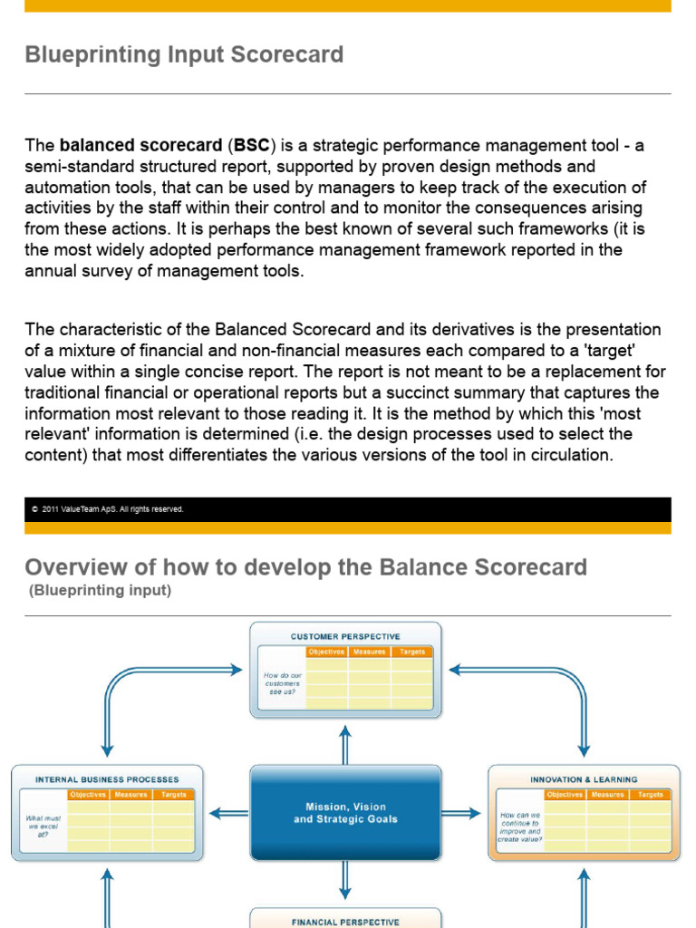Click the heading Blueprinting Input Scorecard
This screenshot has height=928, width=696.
tap(184, 55)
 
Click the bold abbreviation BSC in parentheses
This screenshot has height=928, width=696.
tap(251, 146)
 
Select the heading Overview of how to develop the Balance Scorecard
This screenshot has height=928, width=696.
tap(305, 568)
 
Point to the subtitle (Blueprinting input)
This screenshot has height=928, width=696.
tap(100, 591)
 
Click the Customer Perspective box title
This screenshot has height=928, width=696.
tap(344, 636)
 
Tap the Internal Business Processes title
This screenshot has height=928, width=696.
tap(107, 779)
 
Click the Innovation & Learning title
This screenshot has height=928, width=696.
tap(584, 779)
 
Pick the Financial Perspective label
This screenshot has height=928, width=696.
tap(344, 922)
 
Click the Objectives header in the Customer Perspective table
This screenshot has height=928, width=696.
tap(326, 652)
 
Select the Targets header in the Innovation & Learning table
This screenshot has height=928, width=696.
tap(650, 795)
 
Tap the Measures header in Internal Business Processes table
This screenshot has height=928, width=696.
tap(130, 795)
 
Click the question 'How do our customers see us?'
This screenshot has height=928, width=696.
tap(281, 683)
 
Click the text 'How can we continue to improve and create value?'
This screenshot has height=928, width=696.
tap(519, 826)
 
